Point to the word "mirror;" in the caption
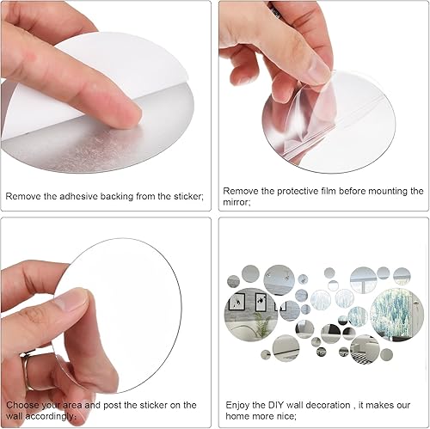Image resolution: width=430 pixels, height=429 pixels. pyautogui.click(x=236, y=202)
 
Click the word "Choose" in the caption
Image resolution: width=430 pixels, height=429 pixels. pyautogui.click(x=22, y=405)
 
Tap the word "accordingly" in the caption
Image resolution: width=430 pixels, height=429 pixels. pyautogui.click(x=52, y=416)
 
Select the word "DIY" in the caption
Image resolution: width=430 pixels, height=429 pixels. pyautogui.click(x=276, y=405)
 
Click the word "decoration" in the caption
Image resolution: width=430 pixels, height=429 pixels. pyautogui.click(x=328, y=405)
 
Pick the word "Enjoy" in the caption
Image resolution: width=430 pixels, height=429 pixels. pyautogui.click(x=237, y=406)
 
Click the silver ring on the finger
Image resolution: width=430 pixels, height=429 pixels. pyautogui.click(x=28, y=369)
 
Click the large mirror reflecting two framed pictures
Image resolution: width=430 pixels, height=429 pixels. pyautogui.click(x=251, y=315)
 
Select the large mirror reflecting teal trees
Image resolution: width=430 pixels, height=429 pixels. pyautogui.click(x=396, y=315)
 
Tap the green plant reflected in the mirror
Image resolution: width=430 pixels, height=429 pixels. pyautogui.click(x=261, y=325)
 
